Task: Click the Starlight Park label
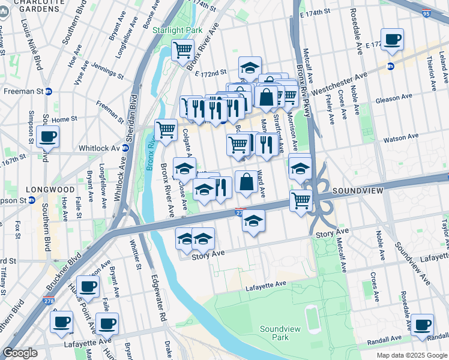pyautogui.click(x=177, y=30)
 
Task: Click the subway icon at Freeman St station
pyautogui.click(x=49, y=91)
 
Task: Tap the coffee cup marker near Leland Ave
pyautogui.click(x=392, y=40)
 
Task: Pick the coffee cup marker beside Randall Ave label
pyautogui.click(x=422, y=325)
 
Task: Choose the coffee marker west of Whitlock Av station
pyautogui.click(x=47, y=136)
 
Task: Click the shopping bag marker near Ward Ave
pyautogui.click(x=246, y=181)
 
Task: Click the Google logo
pyautogui.click(x=20, y=353)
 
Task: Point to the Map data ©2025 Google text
pyautogui.click(x=411, y=355)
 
